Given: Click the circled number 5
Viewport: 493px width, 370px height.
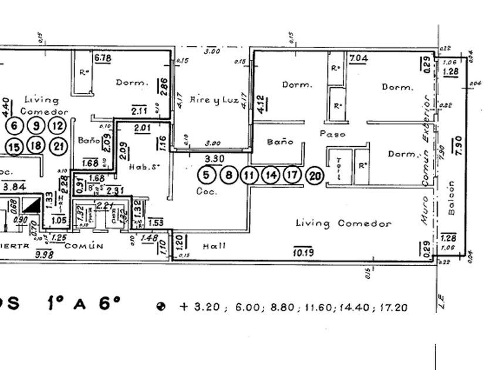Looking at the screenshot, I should tap(206, 175).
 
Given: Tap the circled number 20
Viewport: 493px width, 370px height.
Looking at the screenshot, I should tap(315, 176).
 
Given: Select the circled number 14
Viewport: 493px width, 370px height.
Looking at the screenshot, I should tap(271, 175).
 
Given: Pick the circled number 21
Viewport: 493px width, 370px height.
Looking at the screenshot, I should tap(57, 146).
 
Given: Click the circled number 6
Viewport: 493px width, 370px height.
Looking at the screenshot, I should tap(15, 126).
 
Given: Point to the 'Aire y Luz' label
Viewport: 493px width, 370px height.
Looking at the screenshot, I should tap(214, 100).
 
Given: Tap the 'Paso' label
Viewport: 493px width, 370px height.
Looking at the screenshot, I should tap(332, 134).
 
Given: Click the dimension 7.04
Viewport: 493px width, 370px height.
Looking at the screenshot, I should tap(358, 58).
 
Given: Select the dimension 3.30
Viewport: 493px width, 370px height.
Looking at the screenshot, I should tap(214, 159).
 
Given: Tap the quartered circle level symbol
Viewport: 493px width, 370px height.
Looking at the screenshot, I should tap(161, 307).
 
